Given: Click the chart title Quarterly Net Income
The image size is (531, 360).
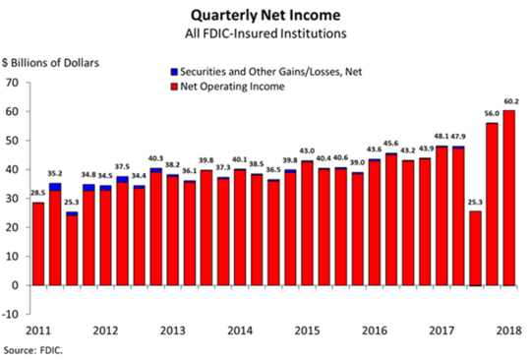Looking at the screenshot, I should pyautogui.click(x=265, y=15).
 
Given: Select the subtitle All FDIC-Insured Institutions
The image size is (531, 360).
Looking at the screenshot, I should pyautogui.click(x=265, y=33).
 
